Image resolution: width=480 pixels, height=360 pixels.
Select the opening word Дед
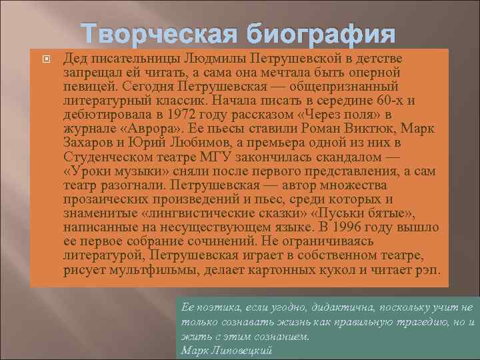[76, 59]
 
